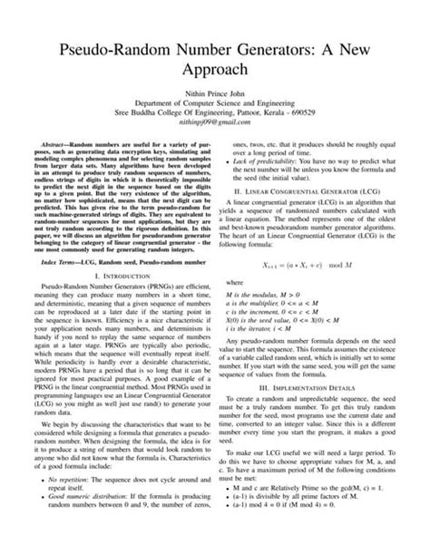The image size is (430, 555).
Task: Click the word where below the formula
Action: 234,307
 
